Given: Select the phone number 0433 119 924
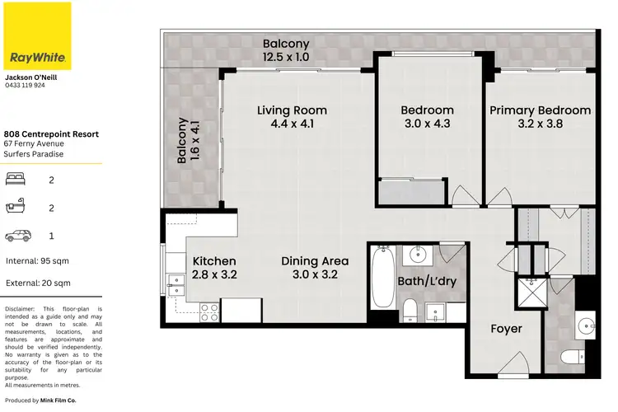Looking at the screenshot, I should [26, 85].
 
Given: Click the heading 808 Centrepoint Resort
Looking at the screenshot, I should [51, 133].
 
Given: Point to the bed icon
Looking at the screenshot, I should [16, 179].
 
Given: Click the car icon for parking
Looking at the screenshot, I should [16, 236].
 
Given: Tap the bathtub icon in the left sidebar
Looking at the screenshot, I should [16, 208].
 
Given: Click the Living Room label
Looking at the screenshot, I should [292, 110].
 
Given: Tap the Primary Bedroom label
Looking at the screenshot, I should [540, 110].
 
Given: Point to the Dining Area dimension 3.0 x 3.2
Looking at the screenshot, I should [310, 275].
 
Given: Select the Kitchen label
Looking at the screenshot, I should [214, 261].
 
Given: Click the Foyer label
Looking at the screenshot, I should [506, 329].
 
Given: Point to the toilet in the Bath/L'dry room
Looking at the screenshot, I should [410, 310].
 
